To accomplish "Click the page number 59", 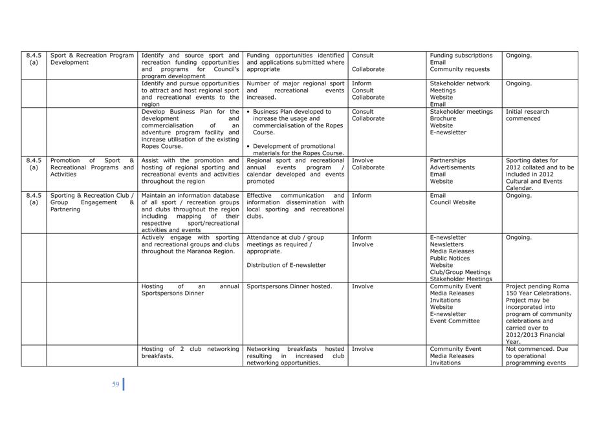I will click(116, 385).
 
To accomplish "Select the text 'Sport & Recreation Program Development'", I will click(92, 59).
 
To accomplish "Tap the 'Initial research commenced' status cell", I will click(527, 115).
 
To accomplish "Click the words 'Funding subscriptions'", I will click(461, 56).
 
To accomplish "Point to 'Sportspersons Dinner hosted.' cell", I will click(289, 286).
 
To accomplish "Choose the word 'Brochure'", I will click(443, 119).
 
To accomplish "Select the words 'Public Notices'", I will click(450, 258).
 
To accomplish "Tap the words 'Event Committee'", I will click(455, 321).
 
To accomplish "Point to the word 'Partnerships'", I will click(448, 160).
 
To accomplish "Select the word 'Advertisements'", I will click(452, 167).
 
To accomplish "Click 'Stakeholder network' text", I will click(460, 83).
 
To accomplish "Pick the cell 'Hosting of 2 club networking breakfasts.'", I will click(190, 352).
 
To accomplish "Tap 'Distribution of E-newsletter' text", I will click(286, 265).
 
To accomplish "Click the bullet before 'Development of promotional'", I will click(249, 147).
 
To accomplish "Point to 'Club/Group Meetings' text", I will click(460, 272).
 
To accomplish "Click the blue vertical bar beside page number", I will click(124, 384).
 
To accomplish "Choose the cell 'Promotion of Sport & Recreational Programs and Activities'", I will click(92, 167).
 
